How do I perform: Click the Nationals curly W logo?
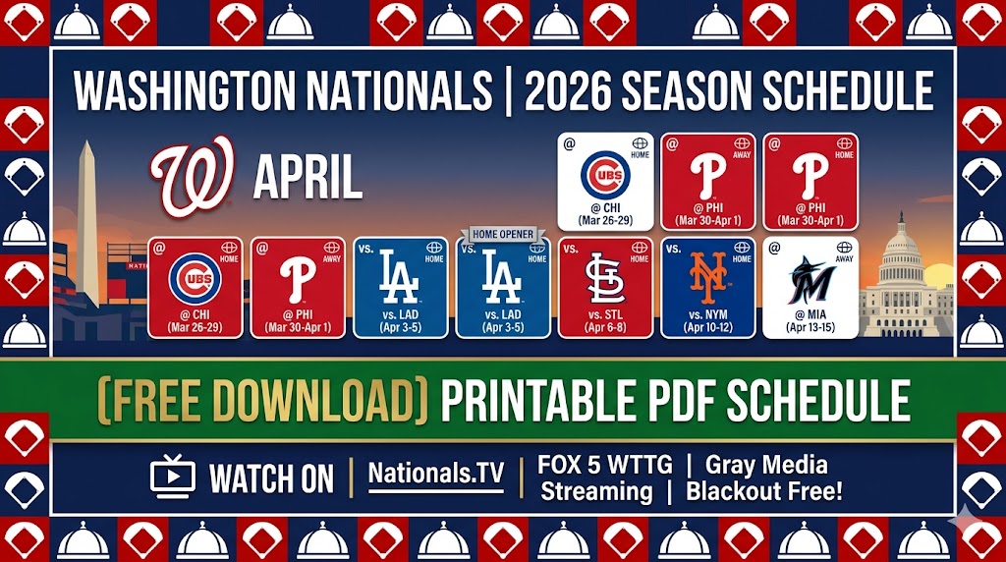click(x=193, y=178)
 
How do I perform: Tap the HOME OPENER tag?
click(x=503, y=234)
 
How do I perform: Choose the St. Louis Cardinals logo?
click(x=605, y=278)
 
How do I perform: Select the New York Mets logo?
click(x=707, y=277)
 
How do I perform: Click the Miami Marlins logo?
click(x=810, y=278)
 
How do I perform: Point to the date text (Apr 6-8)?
click(x=605, y=327)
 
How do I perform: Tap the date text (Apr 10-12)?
click(x=707, y=327)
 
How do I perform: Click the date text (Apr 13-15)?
click(x=810, y=327)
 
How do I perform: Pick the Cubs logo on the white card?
click(x=605, y=174)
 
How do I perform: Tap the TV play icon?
click(x=173, y=478)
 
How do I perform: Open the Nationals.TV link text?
click(x=435, y=476)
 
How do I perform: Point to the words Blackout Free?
click(x=764, y=490)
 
